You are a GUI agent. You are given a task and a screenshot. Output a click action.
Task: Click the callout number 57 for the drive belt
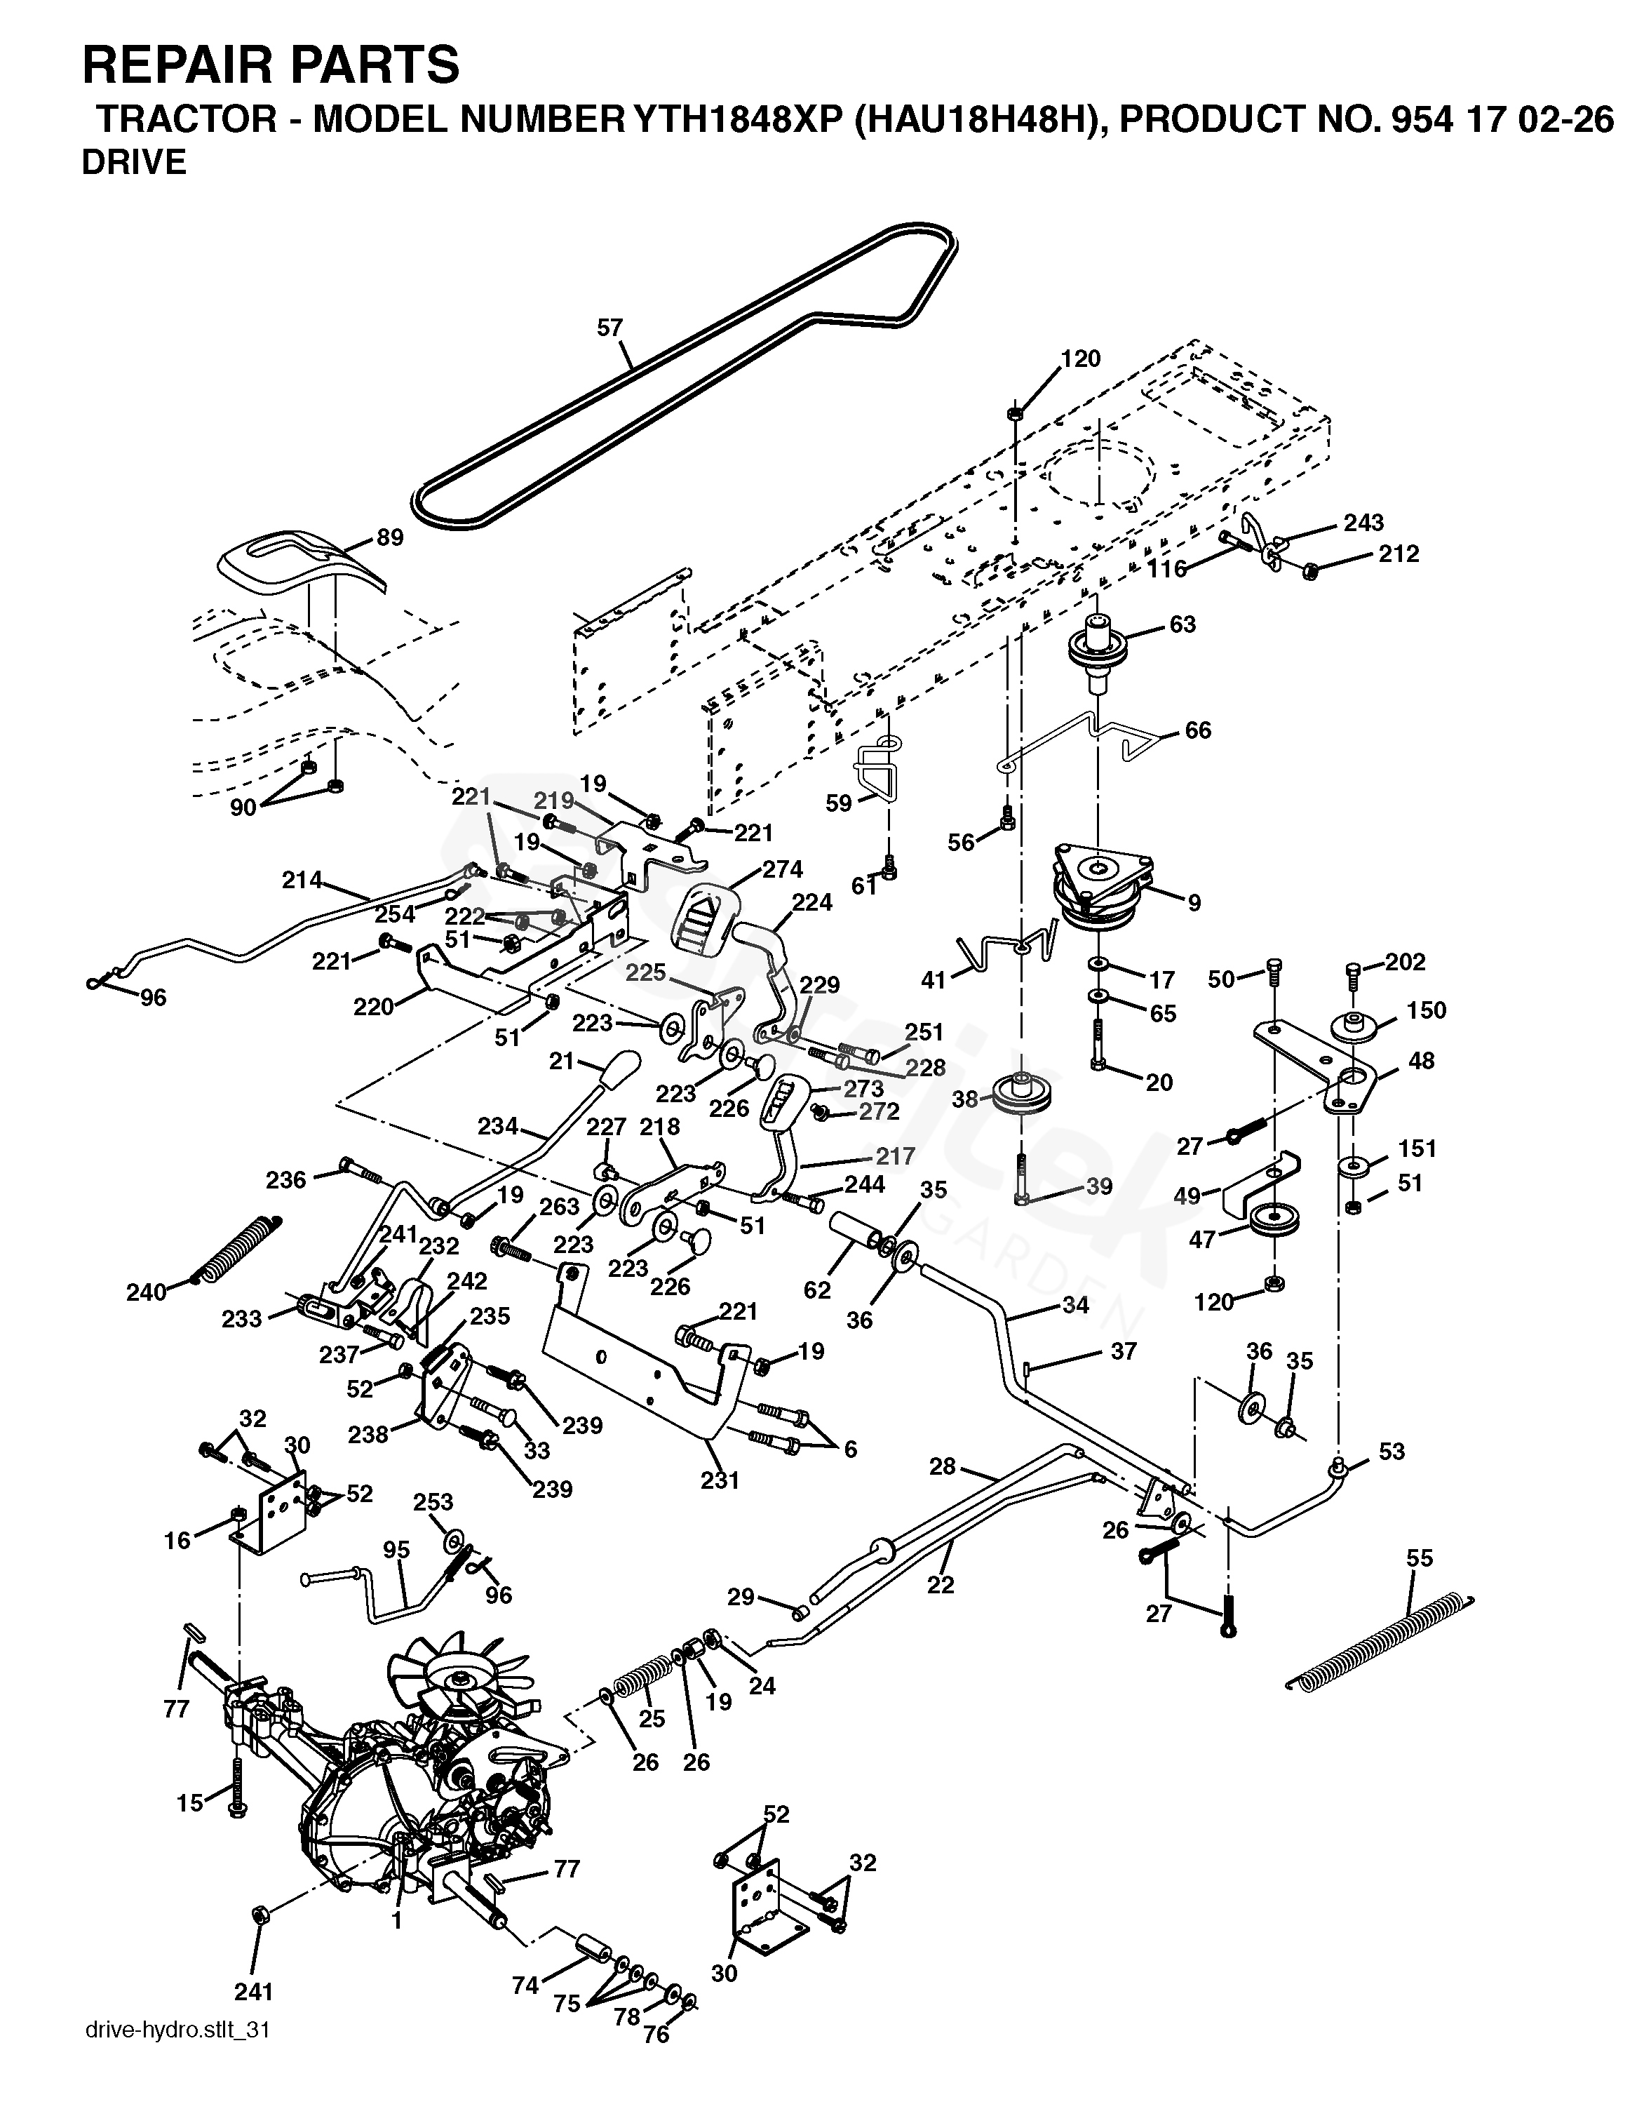pyautogui.click(x=609, y=328)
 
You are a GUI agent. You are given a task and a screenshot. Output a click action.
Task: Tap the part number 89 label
pyautogui.click(x=391, y=537)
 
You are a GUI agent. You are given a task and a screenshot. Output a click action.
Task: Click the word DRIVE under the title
pyautogui.click(x=134, y=163)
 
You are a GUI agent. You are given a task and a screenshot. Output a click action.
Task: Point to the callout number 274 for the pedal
pyautogui.click(x=782, y=869)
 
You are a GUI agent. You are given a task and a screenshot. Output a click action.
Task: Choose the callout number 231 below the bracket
pyautogui.click(x=720, y=1480)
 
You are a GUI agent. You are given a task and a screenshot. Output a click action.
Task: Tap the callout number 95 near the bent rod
pyautogui.click(x=396, y=1549)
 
